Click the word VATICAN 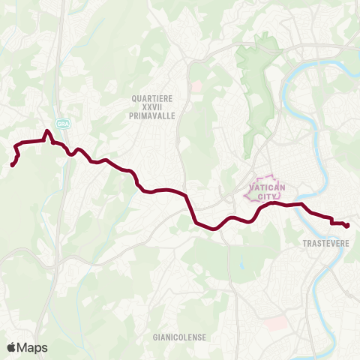(x=262, y=187)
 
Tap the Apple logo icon (x=12, y=347)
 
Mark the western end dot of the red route (x=13, y=165)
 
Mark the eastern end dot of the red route (x=347, y=225)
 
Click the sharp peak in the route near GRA (x=48, y=132)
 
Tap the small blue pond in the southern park (x=242, y=263)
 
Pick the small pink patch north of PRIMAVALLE (x=196, y=87)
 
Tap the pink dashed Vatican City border (x=247, y=196)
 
